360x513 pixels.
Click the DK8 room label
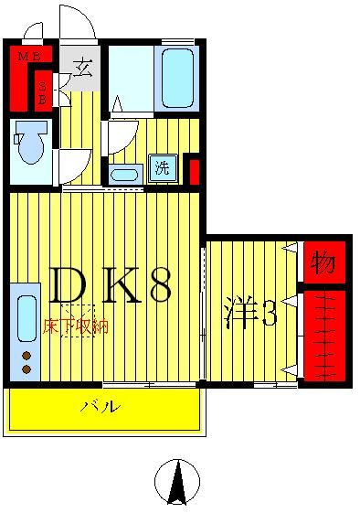pos(108,287)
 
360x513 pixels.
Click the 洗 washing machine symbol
pos(162,167)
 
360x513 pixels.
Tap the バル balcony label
pos(101,406)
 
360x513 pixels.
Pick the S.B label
pos(43,91)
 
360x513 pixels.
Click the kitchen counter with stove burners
pos(26,333)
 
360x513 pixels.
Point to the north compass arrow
pos(176,482)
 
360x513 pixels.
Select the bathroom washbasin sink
pos(122,173)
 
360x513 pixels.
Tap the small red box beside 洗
pos(193,171)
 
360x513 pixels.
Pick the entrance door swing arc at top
pos(75,21)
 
